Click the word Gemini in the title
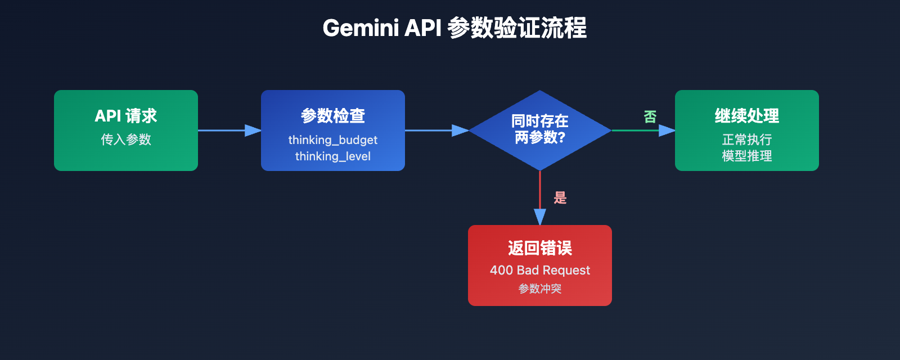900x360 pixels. pos(361,28)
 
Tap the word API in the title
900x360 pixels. pos(422,28)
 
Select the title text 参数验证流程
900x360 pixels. pos(517,28)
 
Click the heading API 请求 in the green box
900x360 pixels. pos(125,116)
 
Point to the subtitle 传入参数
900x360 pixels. pos(125,139)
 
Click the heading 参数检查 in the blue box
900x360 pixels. pos(332,116)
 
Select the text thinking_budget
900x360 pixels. pos(332,139)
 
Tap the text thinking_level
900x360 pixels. pos(332,156)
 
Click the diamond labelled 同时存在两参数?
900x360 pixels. pos(539,129)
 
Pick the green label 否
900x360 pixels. pos(650,116)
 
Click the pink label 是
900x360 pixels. pos(560,197)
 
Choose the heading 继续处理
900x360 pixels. pos(746,116)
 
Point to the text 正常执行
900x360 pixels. pos(746,139)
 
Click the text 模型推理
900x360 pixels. pos(746,156)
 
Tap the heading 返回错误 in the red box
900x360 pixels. pos(539,248)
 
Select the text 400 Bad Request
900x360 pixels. pos(539,270)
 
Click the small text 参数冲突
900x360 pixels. pos(539,289)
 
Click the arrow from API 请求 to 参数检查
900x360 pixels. pos(228,130)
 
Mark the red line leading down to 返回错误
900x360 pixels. pos(540,191)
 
